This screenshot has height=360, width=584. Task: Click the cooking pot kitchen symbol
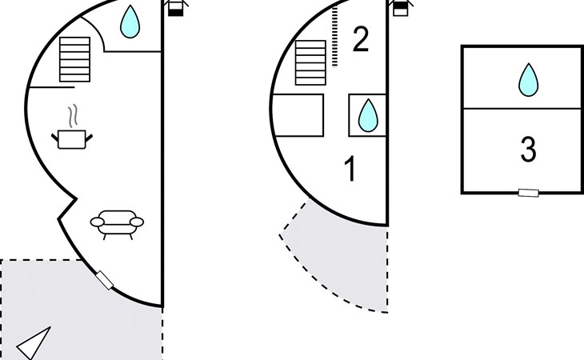pyautogui.click(x=72, y=139)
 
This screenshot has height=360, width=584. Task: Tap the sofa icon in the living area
pyautogui.click(x=117, y=224)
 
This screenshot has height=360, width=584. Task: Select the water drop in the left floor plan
pyautogui.click(x=130, y=22)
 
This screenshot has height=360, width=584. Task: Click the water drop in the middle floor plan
pyautogui.click(x=368, y=115)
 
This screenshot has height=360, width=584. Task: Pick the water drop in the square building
pyautogui.click(x=529, y=80)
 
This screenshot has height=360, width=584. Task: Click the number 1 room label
pyautogui.click(x=350, y=169)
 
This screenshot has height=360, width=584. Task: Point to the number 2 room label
pyautogui.click(x=361, y=39)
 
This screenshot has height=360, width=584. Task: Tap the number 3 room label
pyautogui.click(x=528, y=150)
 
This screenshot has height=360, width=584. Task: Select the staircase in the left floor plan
pyautogui.click(x=75, y=59)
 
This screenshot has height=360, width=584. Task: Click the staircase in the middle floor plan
pyautogui.click(x=310, y=62)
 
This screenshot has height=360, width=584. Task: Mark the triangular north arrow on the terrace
pyautogui.click(x=34, y=343)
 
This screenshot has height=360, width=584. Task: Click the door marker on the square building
pyautogui.click(x=529, y=193)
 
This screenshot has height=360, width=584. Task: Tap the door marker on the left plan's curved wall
pyautogui.click(x=105, y=280)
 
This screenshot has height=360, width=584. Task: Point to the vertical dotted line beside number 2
pyautogui.click(x=335, y=37)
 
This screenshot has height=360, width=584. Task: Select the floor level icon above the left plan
pyautogui.click(x=176, y=7)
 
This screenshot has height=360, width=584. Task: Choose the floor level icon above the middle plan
pyautogui.click(x=401, y=7)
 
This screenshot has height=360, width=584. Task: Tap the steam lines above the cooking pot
pyautogui.click(x=74, y=115)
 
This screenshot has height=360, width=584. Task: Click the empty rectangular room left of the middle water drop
pyautogui.click(x=298, y=115)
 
